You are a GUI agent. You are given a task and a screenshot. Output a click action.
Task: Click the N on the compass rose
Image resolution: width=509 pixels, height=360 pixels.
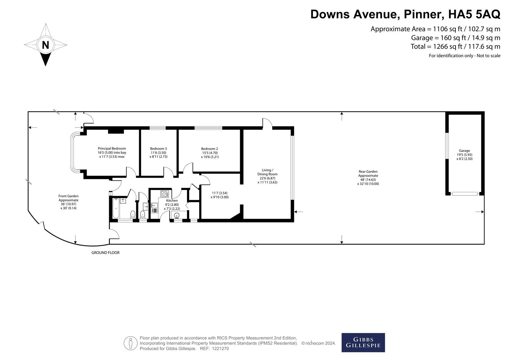(45, 45)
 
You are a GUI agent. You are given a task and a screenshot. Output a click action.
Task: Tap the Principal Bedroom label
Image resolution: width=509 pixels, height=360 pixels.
(112, 149)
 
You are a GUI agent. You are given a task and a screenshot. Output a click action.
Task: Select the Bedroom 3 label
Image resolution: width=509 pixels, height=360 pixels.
(158, 149)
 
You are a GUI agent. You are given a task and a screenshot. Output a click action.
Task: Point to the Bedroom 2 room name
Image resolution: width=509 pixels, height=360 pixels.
(210, 149)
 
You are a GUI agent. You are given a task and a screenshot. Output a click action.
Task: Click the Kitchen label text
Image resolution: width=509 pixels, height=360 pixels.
(172, 201)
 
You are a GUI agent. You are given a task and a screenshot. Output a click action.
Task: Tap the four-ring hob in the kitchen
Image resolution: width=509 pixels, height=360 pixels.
(164, 194)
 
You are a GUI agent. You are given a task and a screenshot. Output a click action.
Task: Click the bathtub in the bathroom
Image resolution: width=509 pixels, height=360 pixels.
(116, 208)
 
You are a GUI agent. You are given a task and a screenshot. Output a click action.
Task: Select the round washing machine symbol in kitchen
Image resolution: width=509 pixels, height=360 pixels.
(177, 215)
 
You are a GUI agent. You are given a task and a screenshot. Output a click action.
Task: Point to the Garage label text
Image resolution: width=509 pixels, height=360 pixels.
(464, 151)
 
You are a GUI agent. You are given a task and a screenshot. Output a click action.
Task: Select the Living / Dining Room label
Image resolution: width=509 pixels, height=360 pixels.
(268, 172)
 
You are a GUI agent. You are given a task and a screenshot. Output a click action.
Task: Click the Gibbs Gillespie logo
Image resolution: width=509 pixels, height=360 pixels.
(363, 342)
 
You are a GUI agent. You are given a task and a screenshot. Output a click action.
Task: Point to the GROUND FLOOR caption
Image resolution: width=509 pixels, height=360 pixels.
(105, 252)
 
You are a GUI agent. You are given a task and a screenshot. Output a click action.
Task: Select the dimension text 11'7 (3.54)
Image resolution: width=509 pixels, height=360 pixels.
(220, 193)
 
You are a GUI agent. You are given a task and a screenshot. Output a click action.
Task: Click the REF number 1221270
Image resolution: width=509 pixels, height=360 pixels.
(220, 349)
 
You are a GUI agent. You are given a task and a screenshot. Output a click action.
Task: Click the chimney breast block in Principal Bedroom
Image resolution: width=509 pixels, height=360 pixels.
(116, 131)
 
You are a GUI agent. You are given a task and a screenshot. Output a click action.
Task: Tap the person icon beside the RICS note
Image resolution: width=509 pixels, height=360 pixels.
(130, 343)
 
